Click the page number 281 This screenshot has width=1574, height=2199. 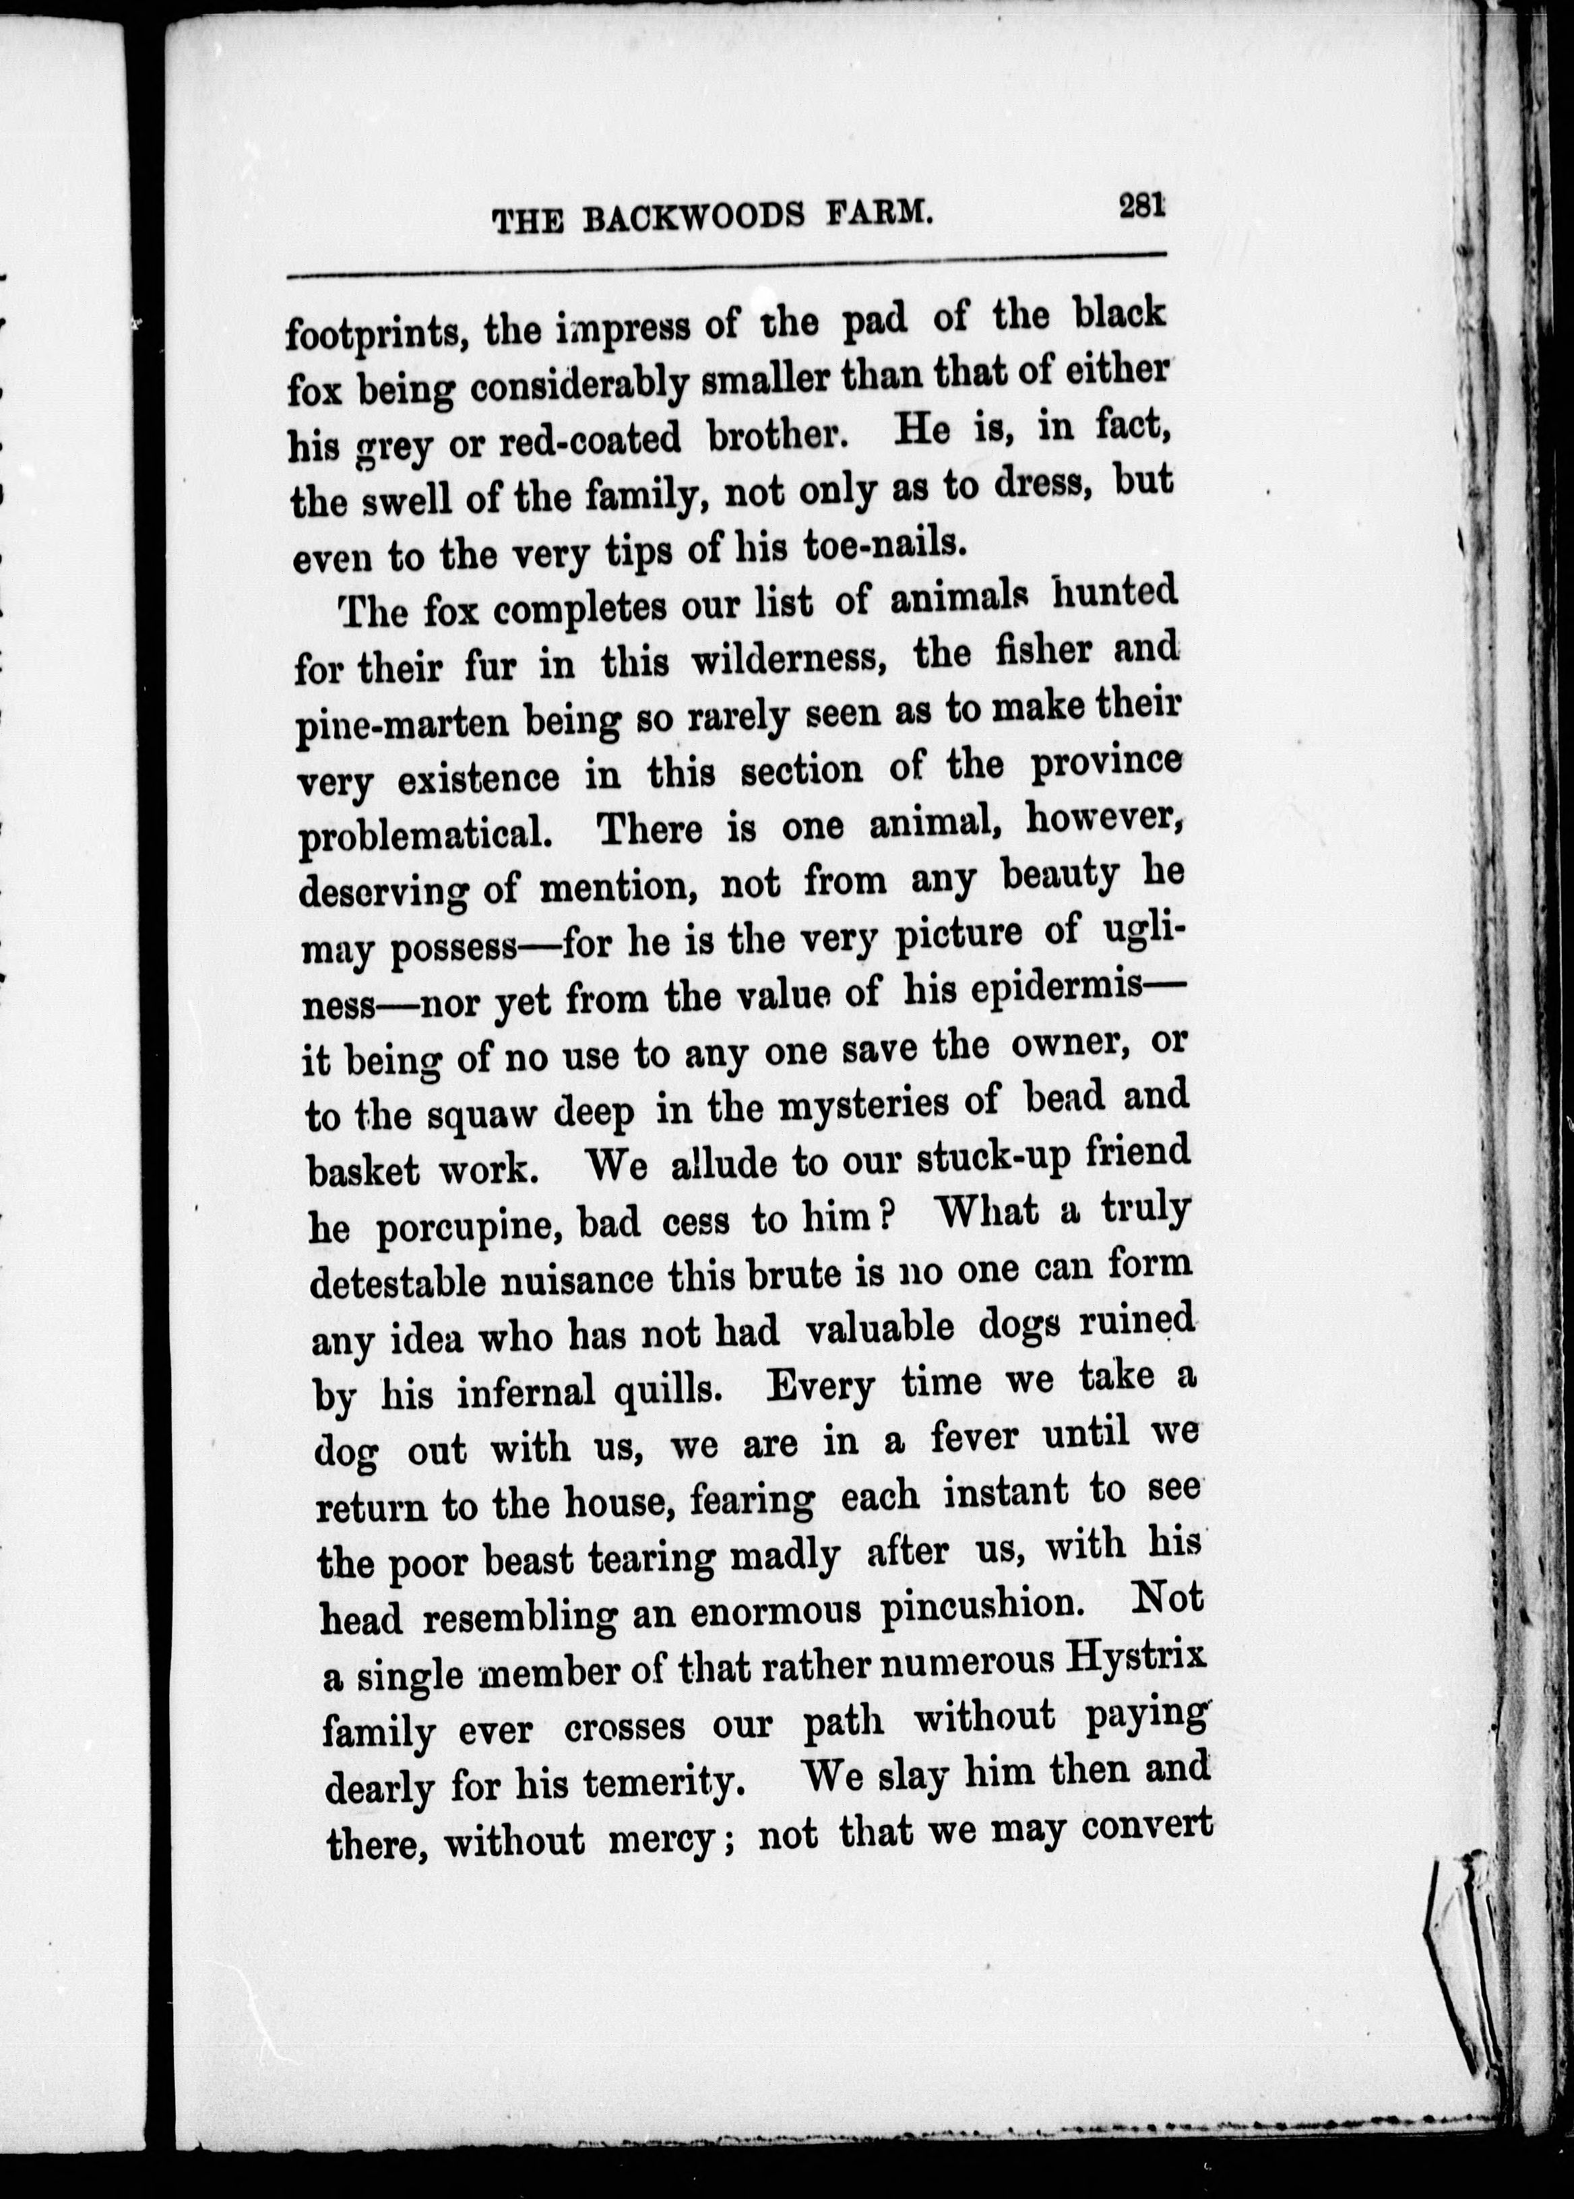1141,208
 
